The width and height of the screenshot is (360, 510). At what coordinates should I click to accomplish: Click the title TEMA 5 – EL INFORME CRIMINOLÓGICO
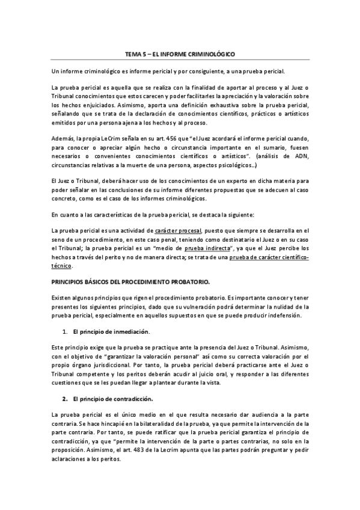tap(180, 55)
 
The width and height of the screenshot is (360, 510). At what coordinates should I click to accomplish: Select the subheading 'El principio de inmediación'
tap(111, 331)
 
